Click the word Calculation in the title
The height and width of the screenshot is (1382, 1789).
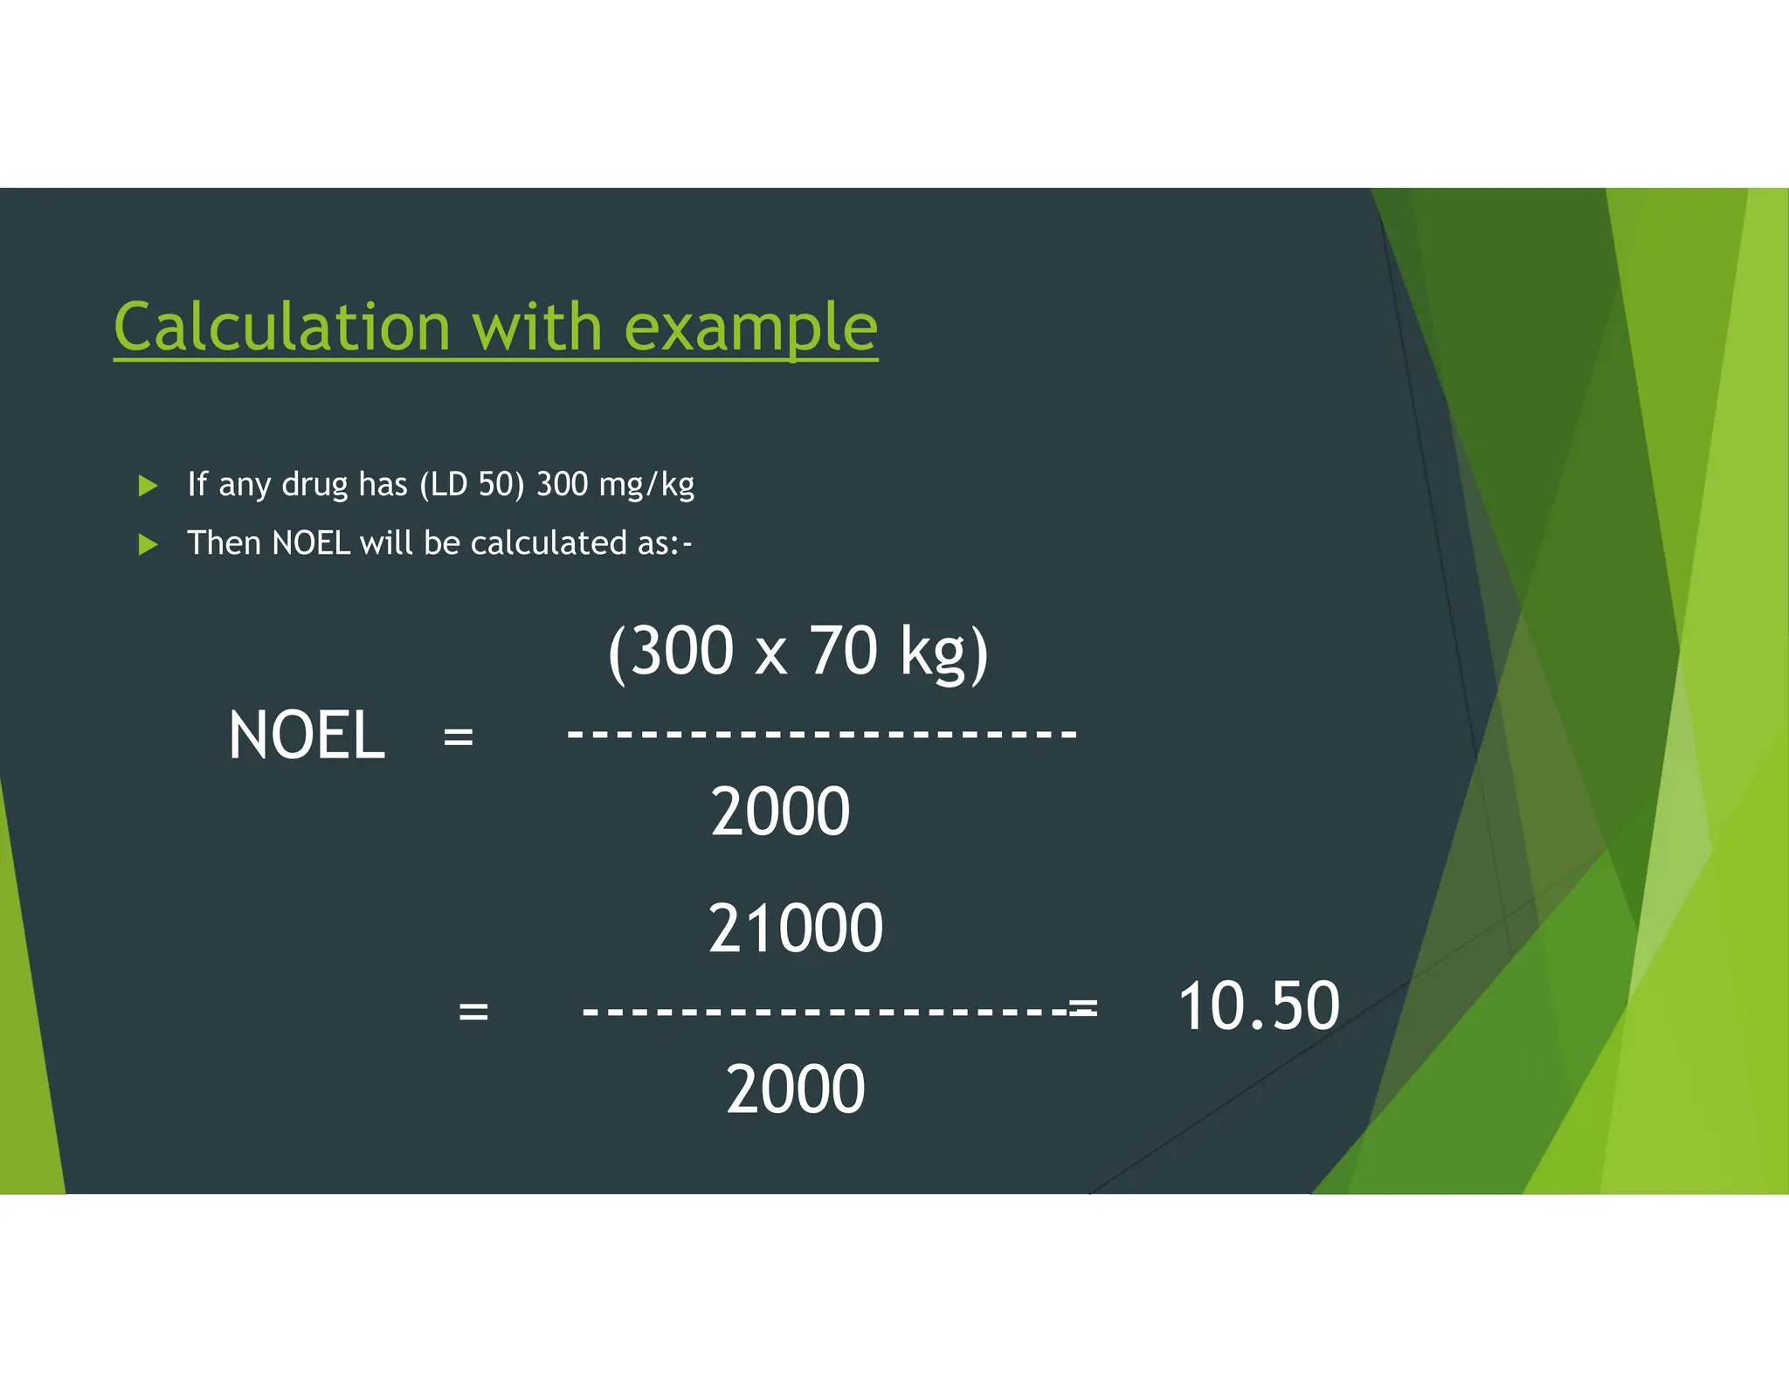tap(281, 327)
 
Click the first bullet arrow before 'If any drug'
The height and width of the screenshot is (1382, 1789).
tap(149, 486)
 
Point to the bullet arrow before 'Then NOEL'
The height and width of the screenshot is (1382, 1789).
tap(149, 545)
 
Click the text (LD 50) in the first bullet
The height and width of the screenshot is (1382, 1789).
tap(472, 484)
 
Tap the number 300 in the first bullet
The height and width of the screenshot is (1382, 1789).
tap(562, 484)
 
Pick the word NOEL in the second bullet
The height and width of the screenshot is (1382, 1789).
tap(311, 543)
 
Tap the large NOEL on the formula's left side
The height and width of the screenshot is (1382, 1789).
tap(306, 736)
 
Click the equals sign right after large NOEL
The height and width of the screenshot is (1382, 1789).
tap(459, 736)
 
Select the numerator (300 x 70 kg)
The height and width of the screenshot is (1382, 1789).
tap(798, 652)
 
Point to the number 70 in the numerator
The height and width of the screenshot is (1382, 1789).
tap(843, 651)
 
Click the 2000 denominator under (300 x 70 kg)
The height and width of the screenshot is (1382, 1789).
tap(780, 812)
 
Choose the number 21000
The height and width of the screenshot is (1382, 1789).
tap(795, 928)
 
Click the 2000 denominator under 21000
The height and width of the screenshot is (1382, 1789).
tap(795, 1089)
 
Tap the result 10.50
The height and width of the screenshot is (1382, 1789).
tap(1258, 1006)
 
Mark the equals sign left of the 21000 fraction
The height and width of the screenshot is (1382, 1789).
tap(473, 1012)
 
